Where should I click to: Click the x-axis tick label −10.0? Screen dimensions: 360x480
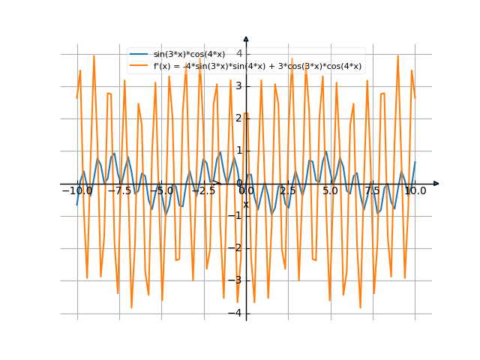coord(76,191)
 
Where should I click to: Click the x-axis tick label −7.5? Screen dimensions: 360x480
coord(119,191)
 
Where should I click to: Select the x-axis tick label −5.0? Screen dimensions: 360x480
coord(161,191)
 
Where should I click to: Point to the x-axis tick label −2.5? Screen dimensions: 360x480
coord(203,191)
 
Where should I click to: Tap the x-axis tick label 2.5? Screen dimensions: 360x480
coord(288,191)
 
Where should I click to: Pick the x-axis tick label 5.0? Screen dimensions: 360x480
coord(330,191)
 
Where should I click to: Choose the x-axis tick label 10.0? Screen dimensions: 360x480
coord(415,191)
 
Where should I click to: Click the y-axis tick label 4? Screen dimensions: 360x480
coord(238,53)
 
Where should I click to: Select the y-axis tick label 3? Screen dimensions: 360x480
coord(238,86)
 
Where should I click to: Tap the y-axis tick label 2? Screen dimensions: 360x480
coord(238,118)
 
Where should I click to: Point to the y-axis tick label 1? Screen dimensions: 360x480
coord(238,151)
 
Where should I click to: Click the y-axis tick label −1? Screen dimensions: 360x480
coord(236,216)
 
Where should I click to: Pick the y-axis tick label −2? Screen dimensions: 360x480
coord(236,248)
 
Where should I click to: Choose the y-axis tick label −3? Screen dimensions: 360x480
coord(236,280)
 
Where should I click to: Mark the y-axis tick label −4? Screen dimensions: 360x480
coord(236,313)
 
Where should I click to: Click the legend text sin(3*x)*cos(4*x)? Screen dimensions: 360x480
coord(189,55)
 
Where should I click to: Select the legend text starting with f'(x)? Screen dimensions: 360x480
coord(257,66)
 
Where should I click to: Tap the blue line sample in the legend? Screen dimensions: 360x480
coord(139,55)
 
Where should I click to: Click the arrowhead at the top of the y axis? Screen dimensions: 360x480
coord(246,38)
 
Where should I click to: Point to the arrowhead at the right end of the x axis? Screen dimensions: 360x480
coord(436,184)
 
